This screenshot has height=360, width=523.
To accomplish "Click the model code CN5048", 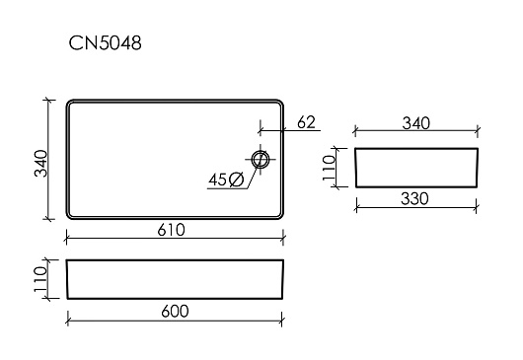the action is point(105,43).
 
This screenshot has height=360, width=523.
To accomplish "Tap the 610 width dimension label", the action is point(171,230).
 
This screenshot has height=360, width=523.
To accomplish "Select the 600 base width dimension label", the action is point(175,312).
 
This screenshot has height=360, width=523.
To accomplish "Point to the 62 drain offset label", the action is point(306,122).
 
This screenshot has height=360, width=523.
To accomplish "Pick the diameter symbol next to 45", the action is point(237,180).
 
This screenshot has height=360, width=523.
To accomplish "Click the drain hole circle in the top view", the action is point(260,160).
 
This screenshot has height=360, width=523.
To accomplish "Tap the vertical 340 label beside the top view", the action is point(41,164).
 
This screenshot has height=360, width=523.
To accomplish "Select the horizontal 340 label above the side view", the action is point(415,123).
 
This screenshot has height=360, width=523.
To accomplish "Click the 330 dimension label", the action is point(414,199).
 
